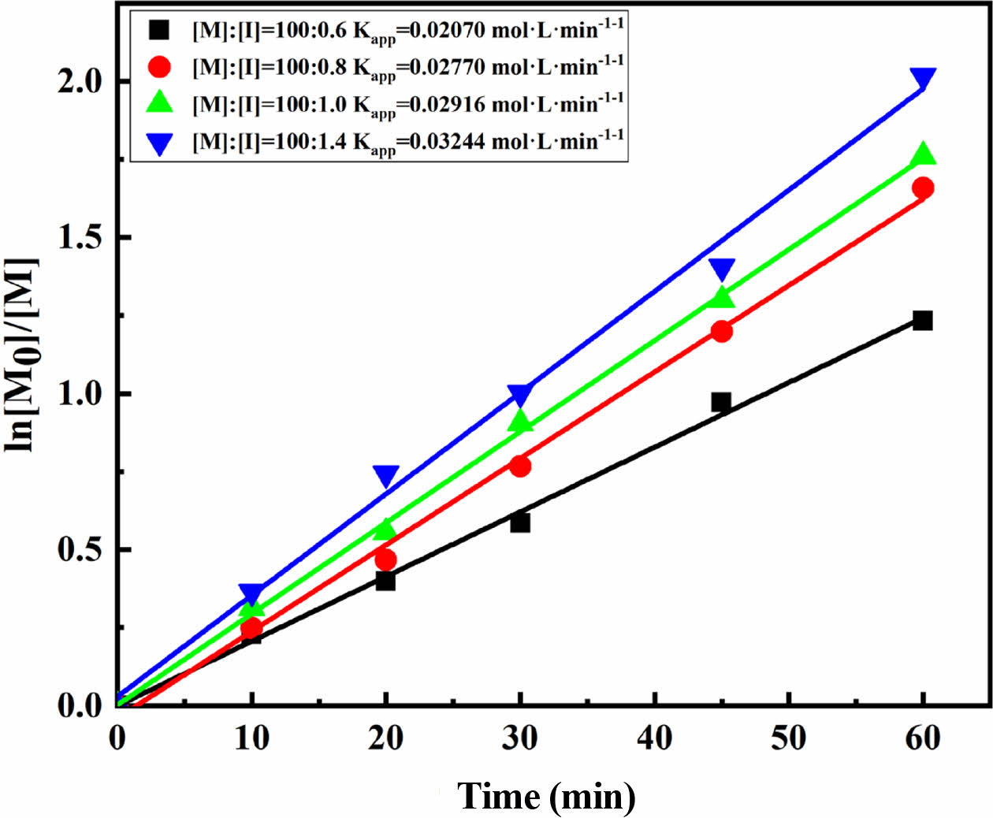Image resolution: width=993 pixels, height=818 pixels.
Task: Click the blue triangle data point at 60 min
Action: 923,78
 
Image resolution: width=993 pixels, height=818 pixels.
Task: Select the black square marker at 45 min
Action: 721,402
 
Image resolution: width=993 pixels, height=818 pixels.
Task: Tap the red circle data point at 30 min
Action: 520,466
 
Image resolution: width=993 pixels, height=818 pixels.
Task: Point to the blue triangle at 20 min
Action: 385,475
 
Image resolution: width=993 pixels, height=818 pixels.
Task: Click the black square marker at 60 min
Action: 923,320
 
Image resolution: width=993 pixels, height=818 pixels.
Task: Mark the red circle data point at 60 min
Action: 923,188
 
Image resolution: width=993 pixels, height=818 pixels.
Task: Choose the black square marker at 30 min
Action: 520,522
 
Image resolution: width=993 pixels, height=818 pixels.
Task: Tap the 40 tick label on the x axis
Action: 654,738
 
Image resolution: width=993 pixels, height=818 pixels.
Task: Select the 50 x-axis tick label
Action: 789,738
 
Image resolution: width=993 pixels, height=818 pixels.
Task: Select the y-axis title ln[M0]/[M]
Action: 22,355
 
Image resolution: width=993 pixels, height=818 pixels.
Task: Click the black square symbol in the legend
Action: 160,30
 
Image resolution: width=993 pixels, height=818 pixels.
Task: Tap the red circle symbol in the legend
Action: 160,67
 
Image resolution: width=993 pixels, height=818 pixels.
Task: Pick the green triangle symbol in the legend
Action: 160,103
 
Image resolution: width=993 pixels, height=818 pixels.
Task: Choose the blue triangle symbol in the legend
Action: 160,143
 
